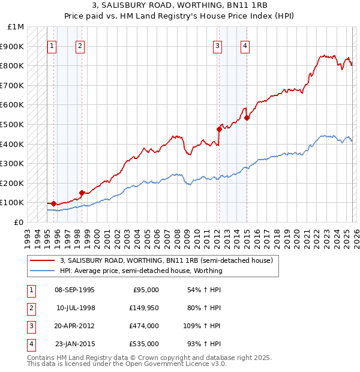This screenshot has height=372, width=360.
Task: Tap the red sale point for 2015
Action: (247, 118)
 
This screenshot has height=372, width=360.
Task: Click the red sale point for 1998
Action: (82, 193)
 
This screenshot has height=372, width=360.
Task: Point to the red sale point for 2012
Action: (219, 129)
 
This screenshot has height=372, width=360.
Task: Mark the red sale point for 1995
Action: (53, 203)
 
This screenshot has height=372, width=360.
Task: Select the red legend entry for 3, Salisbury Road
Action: (166, 260)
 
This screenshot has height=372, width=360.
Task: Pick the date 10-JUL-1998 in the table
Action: (76, 308)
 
